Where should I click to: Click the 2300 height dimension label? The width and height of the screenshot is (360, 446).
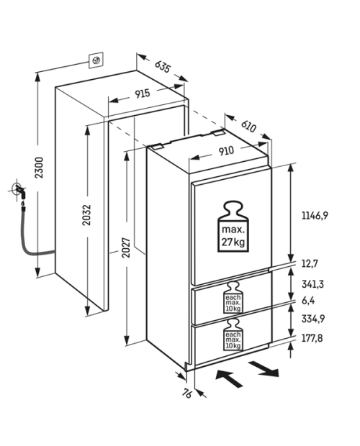click(x=40, y=168)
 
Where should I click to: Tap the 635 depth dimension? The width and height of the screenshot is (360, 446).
click(x=163, y=66)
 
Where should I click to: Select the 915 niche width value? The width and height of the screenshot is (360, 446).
click(x=143, y=94)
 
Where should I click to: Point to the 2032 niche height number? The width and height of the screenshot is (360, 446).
click(x=86, y=215)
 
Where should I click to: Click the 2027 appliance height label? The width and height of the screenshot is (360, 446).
click(x=126, y=247)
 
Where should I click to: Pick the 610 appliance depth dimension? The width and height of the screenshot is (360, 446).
click(x=248, y=126)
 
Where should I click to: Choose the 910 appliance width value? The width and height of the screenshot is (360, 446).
click(x=226, y=151)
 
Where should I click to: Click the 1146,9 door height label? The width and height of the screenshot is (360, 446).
click(x=315, y=216)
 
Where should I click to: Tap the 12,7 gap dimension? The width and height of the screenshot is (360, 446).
click(x=310, y=264)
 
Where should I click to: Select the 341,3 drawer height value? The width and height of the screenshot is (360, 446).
click(x=312, y=284)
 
